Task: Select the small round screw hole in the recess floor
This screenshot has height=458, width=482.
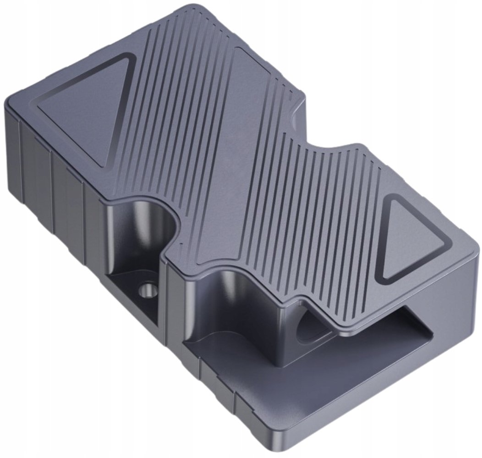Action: pos(148,289)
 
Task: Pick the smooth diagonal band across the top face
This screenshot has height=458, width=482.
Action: pos(238,151)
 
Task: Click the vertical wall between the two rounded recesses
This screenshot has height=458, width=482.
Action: pos(174,298)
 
